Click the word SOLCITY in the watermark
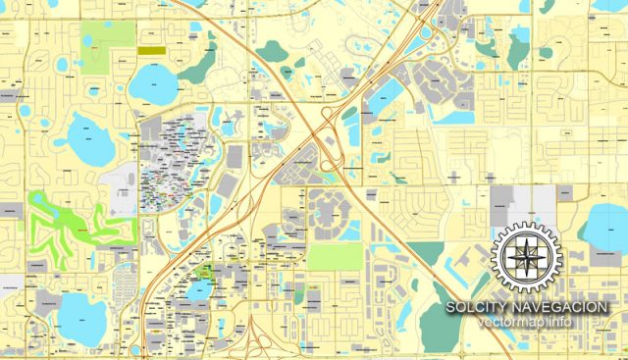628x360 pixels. [x=475, y=307]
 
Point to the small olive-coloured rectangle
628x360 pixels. [x=151, y=48]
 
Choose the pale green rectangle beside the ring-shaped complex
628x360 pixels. [x=335, y=256]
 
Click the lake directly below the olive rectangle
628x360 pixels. [x=154, y=84]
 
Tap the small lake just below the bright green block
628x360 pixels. [x=199, y=290]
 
